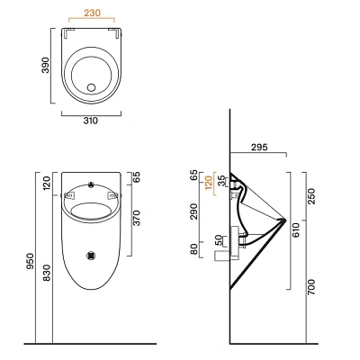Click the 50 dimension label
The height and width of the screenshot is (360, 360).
(x=220, y=242)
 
